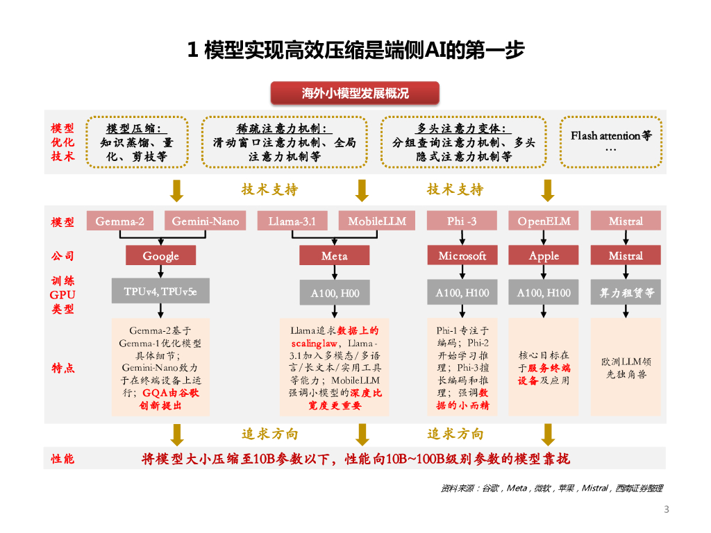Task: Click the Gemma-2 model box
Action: (120, 221)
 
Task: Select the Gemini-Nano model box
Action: (206, 221)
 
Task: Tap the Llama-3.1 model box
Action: (292, 221)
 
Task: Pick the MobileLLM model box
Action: (377, 221)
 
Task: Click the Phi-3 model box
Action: (462, 221)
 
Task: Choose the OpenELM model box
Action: (544, 221)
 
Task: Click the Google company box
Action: (161, 255)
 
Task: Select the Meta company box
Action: (334, 255)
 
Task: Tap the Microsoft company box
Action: (462, 255)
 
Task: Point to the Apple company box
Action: (544, 255)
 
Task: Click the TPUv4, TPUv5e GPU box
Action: (161, 292)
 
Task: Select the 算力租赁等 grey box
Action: (626, 293)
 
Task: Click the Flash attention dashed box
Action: (611, 142)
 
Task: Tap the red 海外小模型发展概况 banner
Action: (355, 93)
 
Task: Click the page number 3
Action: (667, 510)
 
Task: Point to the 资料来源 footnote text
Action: (552, 489)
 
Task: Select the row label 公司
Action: (62, 256)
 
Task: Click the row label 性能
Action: (62, 459)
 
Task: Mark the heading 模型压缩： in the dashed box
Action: (137, 128)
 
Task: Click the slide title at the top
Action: (355, 50)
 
